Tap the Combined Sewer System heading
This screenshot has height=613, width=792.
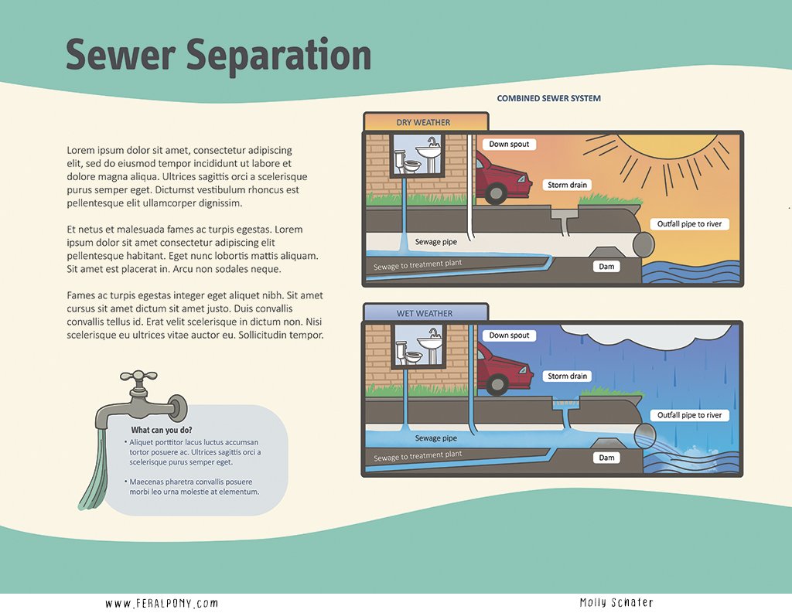pos(548,99)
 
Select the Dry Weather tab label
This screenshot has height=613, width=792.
pos(423,123)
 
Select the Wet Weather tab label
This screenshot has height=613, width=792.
pos(425,314)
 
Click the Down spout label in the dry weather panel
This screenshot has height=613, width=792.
pos(509,145)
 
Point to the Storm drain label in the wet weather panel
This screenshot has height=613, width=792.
pos(568,376)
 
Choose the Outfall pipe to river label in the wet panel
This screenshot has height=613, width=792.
pos(689,416)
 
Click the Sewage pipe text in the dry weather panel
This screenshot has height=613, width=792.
pos(437,243)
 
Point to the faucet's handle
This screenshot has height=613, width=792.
pos(139,379)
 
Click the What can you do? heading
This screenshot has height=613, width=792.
pos(162,431)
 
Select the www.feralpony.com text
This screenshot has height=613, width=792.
pos(162,603)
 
